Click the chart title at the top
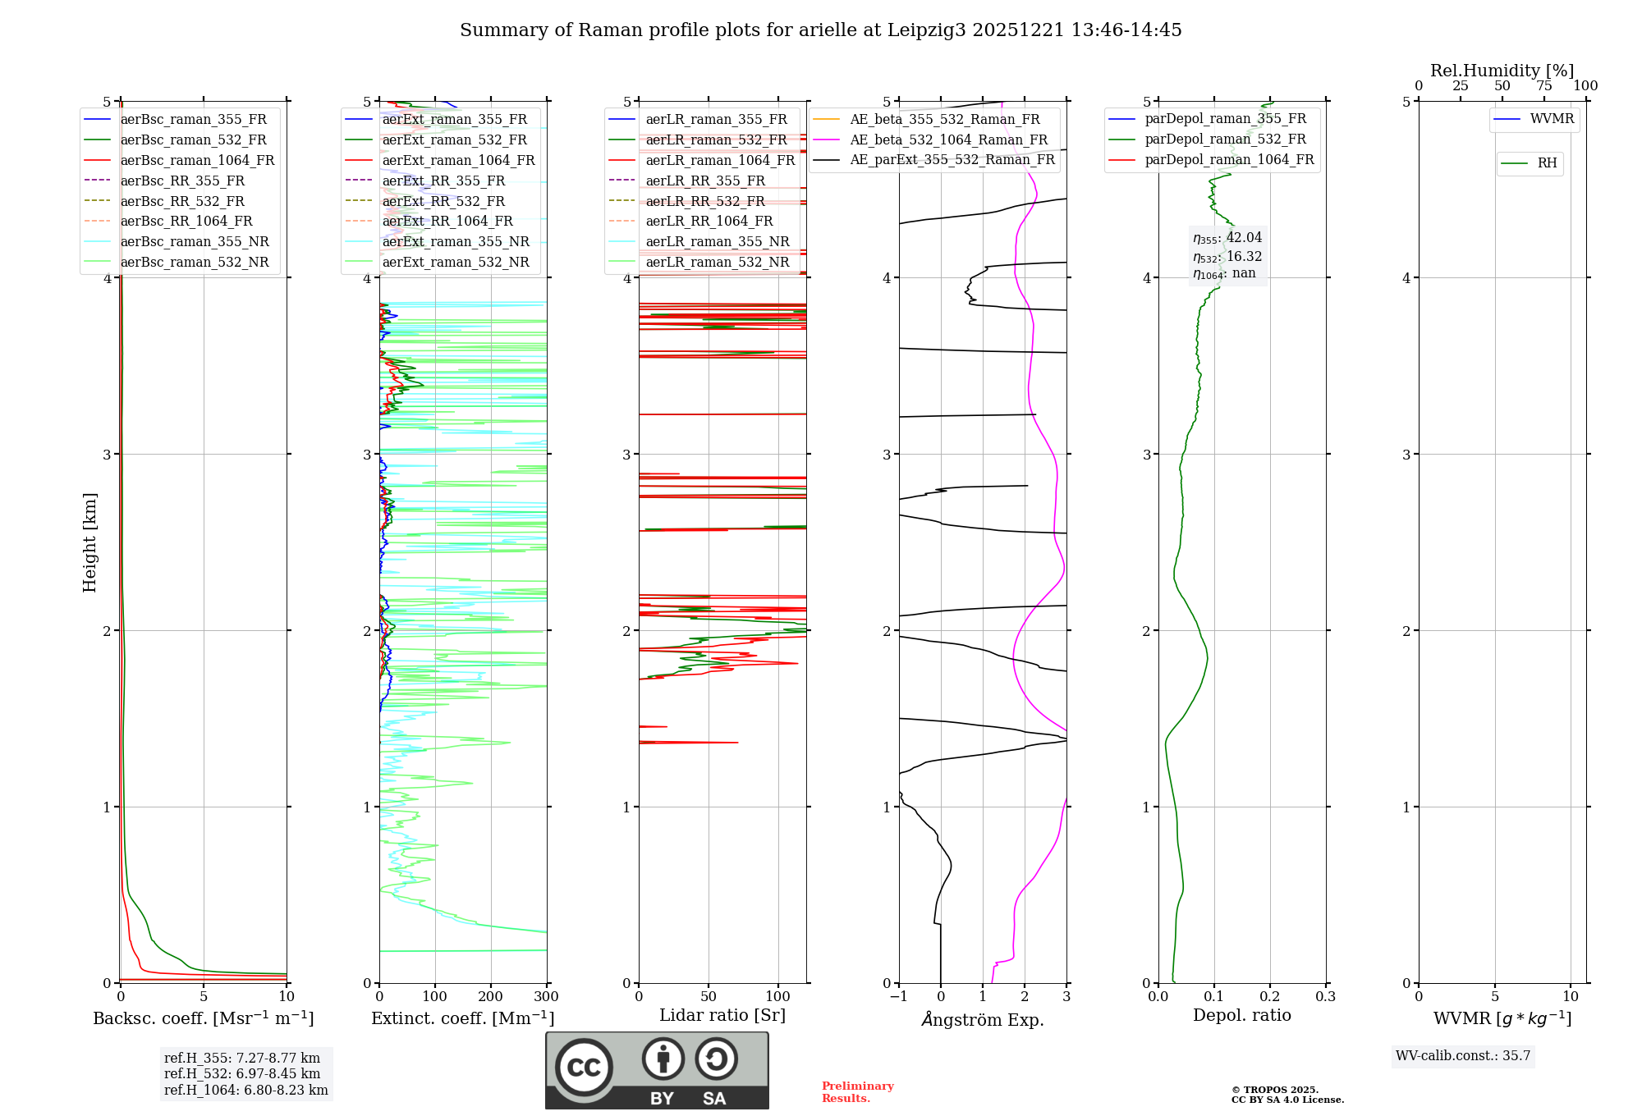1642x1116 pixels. (x=820, y=30)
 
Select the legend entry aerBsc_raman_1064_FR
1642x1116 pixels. (x=197, y=160)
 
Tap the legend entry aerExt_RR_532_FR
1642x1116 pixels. (x=443, y=201)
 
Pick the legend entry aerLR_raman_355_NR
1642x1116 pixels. (x=717, y=241)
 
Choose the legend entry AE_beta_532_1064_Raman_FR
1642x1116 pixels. (x=948, y=139)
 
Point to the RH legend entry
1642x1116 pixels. (x=1547, y=163)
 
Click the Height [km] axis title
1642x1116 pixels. (x=89, y=542)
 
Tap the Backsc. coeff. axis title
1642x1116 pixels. (x=203, y=1018)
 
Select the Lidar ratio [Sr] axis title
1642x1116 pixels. (x=722, y=1015)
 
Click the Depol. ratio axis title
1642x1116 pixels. (x=1241, y=1015)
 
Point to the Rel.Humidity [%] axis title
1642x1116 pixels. (x=1502, y=71)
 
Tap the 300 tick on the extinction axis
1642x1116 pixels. (x=546, y=997)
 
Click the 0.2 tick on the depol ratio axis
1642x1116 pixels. (x=1270, y=997)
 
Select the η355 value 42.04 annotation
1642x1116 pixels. (x=1227, y=238)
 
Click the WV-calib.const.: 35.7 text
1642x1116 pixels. (x=1463, y=1056)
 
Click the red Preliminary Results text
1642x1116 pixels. (x=857, y=1092)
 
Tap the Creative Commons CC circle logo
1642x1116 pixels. (x=584, y=1068)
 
